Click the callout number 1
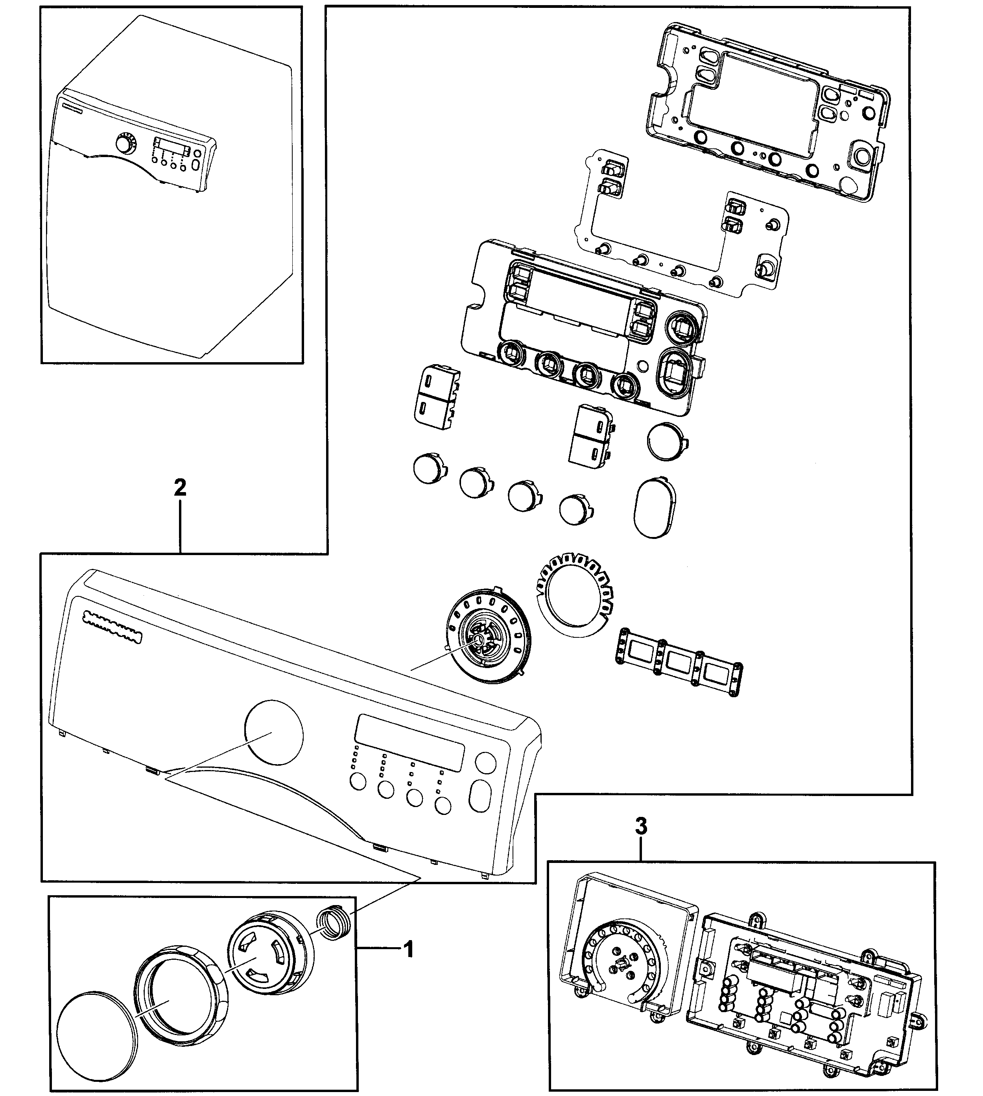pos(409,949)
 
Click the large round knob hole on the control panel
pos(274,732)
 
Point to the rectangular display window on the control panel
pos(409,742)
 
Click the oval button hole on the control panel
pos(479,796)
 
